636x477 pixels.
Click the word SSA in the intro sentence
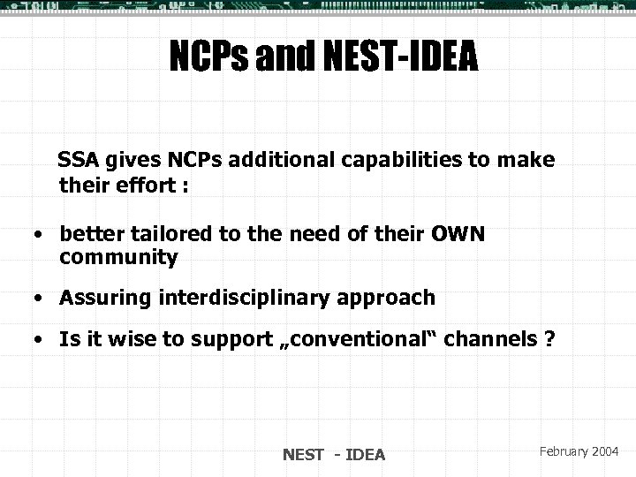point(77,162)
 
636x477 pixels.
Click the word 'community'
point(118,259)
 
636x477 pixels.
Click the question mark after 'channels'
point(550,338)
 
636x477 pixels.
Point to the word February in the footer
point(559,451)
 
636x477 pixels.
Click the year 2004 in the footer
point(606,451)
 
